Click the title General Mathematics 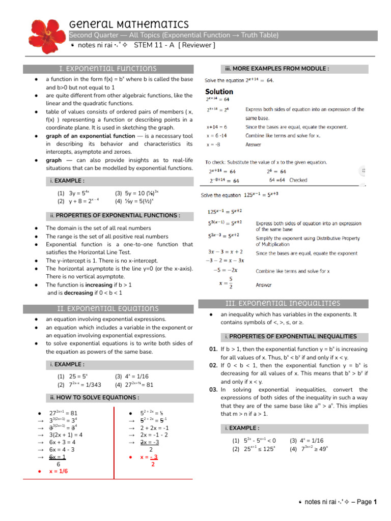(129, 24)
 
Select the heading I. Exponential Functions (108, 68)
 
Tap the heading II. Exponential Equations (108, 308)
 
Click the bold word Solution (219, 92)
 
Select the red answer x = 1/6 (58, 471)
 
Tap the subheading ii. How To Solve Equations (95, 397)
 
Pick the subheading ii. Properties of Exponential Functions (115, 215)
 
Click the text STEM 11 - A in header (154, 45)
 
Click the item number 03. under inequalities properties (213, 389)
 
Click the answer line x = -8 (213, 144)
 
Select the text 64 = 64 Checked (288, 180)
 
